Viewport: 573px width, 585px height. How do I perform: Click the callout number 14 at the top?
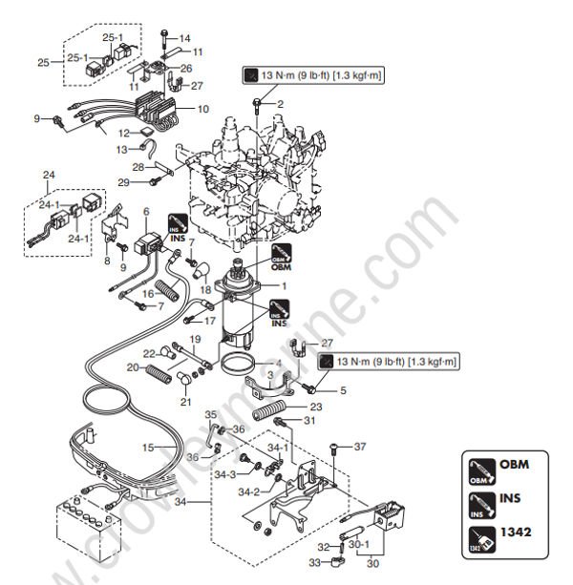[185, 38]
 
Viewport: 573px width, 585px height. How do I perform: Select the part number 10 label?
[202, 110]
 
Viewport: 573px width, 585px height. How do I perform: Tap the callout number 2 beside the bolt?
[280, 103]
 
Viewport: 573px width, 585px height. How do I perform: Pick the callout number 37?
[359, 447]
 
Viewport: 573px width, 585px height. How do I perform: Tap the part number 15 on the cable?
[148, 448]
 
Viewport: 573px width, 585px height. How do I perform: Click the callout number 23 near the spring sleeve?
[315, 406]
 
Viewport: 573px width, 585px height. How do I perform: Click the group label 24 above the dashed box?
[50, 176]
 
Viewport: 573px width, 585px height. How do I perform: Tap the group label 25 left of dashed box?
[42, 62]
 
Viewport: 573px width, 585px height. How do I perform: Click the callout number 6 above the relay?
[146, 210]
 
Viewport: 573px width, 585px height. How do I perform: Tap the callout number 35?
[211, 415]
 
